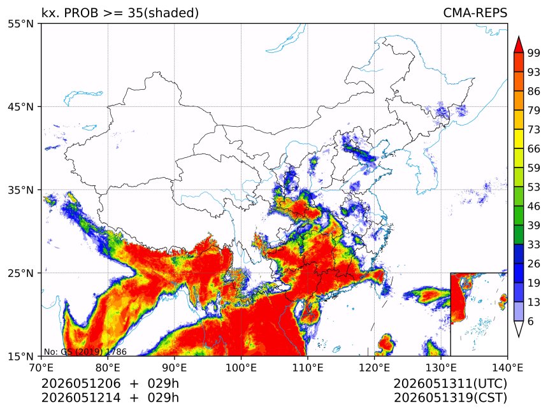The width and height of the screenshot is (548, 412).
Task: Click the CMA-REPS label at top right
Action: pos(475,13)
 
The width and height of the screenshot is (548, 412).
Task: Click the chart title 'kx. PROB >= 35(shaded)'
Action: pos(120,13)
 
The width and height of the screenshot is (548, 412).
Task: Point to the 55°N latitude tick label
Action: pos(20,24)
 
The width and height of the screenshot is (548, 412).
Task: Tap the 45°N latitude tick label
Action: pos(20,106)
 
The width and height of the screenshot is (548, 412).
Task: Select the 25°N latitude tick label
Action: pos(20,273)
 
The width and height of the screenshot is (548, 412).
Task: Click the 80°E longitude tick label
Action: pos(108,367)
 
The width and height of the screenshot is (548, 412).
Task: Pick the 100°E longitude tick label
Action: pos(241,367)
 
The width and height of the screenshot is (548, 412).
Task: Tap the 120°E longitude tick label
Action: pos(374,367)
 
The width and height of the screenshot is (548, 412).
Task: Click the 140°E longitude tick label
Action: pos(507,367)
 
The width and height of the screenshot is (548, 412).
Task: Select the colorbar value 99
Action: pos(534,53)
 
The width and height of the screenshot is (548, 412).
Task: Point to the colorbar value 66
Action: pos(534,149)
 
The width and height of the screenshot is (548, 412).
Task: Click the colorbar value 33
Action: pos(534,245)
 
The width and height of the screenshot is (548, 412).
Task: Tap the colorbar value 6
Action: pos(531,321)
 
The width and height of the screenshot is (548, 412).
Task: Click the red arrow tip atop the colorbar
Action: pos(519,36)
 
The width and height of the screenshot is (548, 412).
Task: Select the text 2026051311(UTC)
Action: pos(450,383)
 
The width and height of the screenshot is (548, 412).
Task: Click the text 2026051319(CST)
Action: pos(450,398)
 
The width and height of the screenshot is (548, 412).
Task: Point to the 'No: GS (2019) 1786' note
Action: pos(85,352)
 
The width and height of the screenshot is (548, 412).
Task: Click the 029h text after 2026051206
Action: pos(163,383)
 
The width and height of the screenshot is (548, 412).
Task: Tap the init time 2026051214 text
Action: pos(81,398)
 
